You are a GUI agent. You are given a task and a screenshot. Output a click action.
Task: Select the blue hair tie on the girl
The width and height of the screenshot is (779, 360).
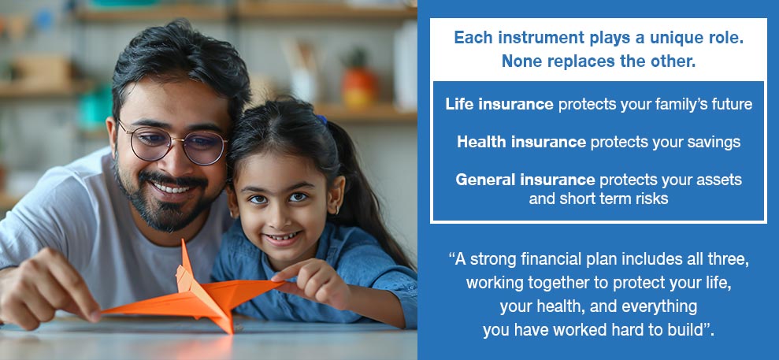321,120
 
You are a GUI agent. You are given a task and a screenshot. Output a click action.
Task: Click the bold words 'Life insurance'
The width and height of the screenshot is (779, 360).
499,104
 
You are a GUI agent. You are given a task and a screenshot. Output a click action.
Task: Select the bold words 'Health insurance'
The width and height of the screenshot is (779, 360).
521,142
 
